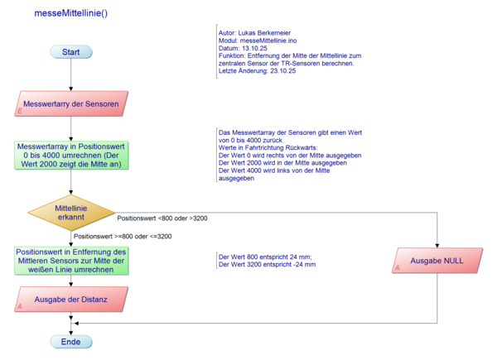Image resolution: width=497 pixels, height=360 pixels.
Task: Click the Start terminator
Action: pos(70,52)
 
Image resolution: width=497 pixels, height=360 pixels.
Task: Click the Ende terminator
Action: pos(70,341)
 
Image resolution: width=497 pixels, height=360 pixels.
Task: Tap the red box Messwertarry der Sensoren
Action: pos(71,105)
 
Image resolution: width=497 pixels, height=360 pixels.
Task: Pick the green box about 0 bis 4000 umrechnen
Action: pos(71,155)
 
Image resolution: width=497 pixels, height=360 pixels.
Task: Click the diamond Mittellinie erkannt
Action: pos(71,211)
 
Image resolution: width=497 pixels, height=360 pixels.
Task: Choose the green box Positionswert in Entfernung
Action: pos(71,262)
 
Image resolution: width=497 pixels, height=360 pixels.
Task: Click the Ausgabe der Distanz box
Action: pos(71,299)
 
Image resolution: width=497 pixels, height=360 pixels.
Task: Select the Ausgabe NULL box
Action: pos(437,261)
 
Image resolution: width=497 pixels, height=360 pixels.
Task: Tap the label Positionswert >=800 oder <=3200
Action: pos(122,237)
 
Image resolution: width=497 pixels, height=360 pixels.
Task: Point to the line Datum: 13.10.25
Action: pos(241,48)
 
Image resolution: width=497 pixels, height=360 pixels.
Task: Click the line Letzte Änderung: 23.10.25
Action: pos(257,71)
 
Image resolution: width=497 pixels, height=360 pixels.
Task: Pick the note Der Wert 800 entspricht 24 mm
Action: pos(263,259)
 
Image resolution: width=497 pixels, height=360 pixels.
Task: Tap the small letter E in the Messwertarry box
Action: pos(19,110)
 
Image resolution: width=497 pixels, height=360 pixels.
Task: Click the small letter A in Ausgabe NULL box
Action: pos(397,268)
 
